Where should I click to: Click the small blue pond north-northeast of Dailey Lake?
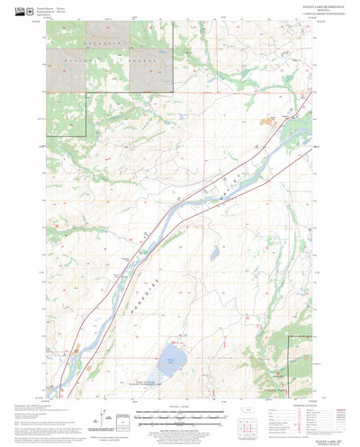[215, 255]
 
